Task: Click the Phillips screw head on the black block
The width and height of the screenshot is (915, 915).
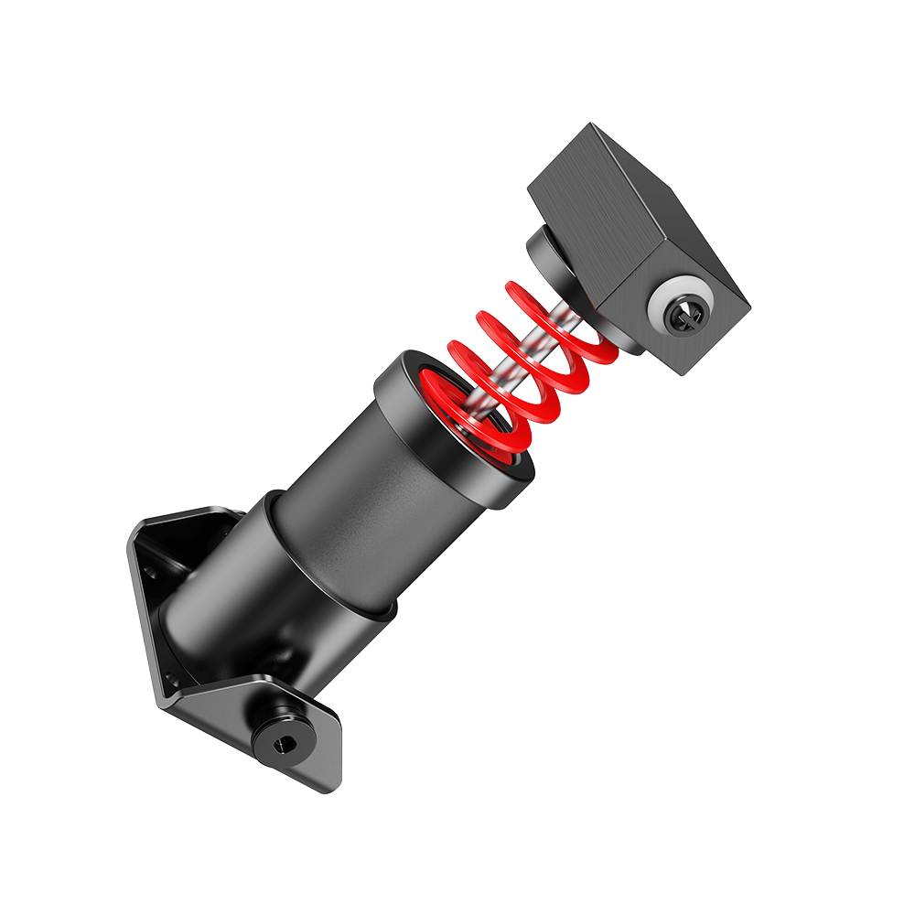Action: (686, 316)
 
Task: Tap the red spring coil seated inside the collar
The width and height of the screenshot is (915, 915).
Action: (476, 430)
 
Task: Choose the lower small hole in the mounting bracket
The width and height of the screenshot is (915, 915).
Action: (168, 678)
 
